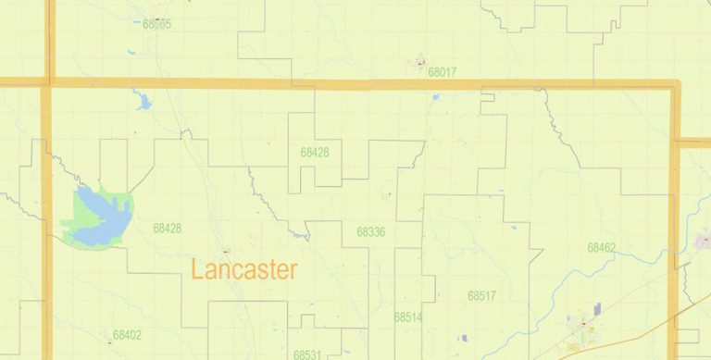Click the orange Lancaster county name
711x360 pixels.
[244, 270]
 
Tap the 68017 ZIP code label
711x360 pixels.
[443, 70]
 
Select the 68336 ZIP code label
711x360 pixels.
[370, 231]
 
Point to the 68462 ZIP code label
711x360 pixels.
[601, 248]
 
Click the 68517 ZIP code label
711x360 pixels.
[481, 296]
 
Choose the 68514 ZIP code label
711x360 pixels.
[407, 317]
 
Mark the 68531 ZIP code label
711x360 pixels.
[307, 354]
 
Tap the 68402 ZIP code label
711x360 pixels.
[127, 335]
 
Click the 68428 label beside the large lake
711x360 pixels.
[168, 228]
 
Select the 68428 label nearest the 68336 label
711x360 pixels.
[315, 152]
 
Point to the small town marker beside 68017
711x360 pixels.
[420, 63]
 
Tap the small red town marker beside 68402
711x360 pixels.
[110, 341]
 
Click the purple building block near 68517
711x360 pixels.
[597, 309]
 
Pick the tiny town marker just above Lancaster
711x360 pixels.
[225, 251]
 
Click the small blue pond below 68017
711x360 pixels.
[435, 95]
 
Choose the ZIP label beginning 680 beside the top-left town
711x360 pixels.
[156, 24]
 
